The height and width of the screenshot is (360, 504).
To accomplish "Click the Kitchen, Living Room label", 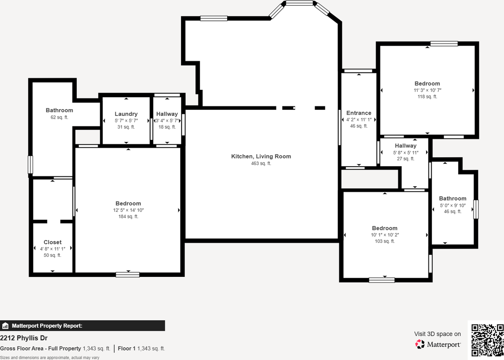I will pos(261,156).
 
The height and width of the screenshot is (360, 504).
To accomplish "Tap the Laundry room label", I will pos(126,114).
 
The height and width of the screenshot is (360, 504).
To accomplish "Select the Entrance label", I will pos(359,113).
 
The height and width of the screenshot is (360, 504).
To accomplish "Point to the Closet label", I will pos(52,242).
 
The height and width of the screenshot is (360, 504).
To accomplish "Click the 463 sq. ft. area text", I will pos(261,163).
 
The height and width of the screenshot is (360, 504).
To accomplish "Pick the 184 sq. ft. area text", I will pos(128,217).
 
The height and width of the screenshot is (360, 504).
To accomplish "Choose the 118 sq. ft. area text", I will pos(427,96).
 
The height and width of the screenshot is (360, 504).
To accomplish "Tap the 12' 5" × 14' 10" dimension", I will pos(128,210).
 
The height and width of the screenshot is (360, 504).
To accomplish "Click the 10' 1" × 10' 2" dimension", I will pos(385,235).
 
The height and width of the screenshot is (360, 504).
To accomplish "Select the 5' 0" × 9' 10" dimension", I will pos(452,205).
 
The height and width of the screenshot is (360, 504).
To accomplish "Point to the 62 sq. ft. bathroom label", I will pos(59,110).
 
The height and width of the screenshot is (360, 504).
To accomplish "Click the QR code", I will pos(487,340).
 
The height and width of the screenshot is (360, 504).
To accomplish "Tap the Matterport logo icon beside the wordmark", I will pos(420,344).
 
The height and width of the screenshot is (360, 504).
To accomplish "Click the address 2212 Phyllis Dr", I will pos(24,338).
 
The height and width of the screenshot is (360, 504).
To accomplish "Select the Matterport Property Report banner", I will pos(82,326).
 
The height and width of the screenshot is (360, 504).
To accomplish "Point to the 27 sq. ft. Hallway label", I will pos(406,146).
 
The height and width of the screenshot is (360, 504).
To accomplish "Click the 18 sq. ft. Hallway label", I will pos(167,114).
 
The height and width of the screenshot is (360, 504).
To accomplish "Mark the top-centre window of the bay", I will pos(299,3).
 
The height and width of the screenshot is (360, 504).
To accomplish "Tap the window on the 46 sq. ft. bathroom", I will pos(476,209).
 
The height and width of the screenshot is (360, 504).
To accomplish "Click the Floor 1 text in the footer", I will pos(126,349).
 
